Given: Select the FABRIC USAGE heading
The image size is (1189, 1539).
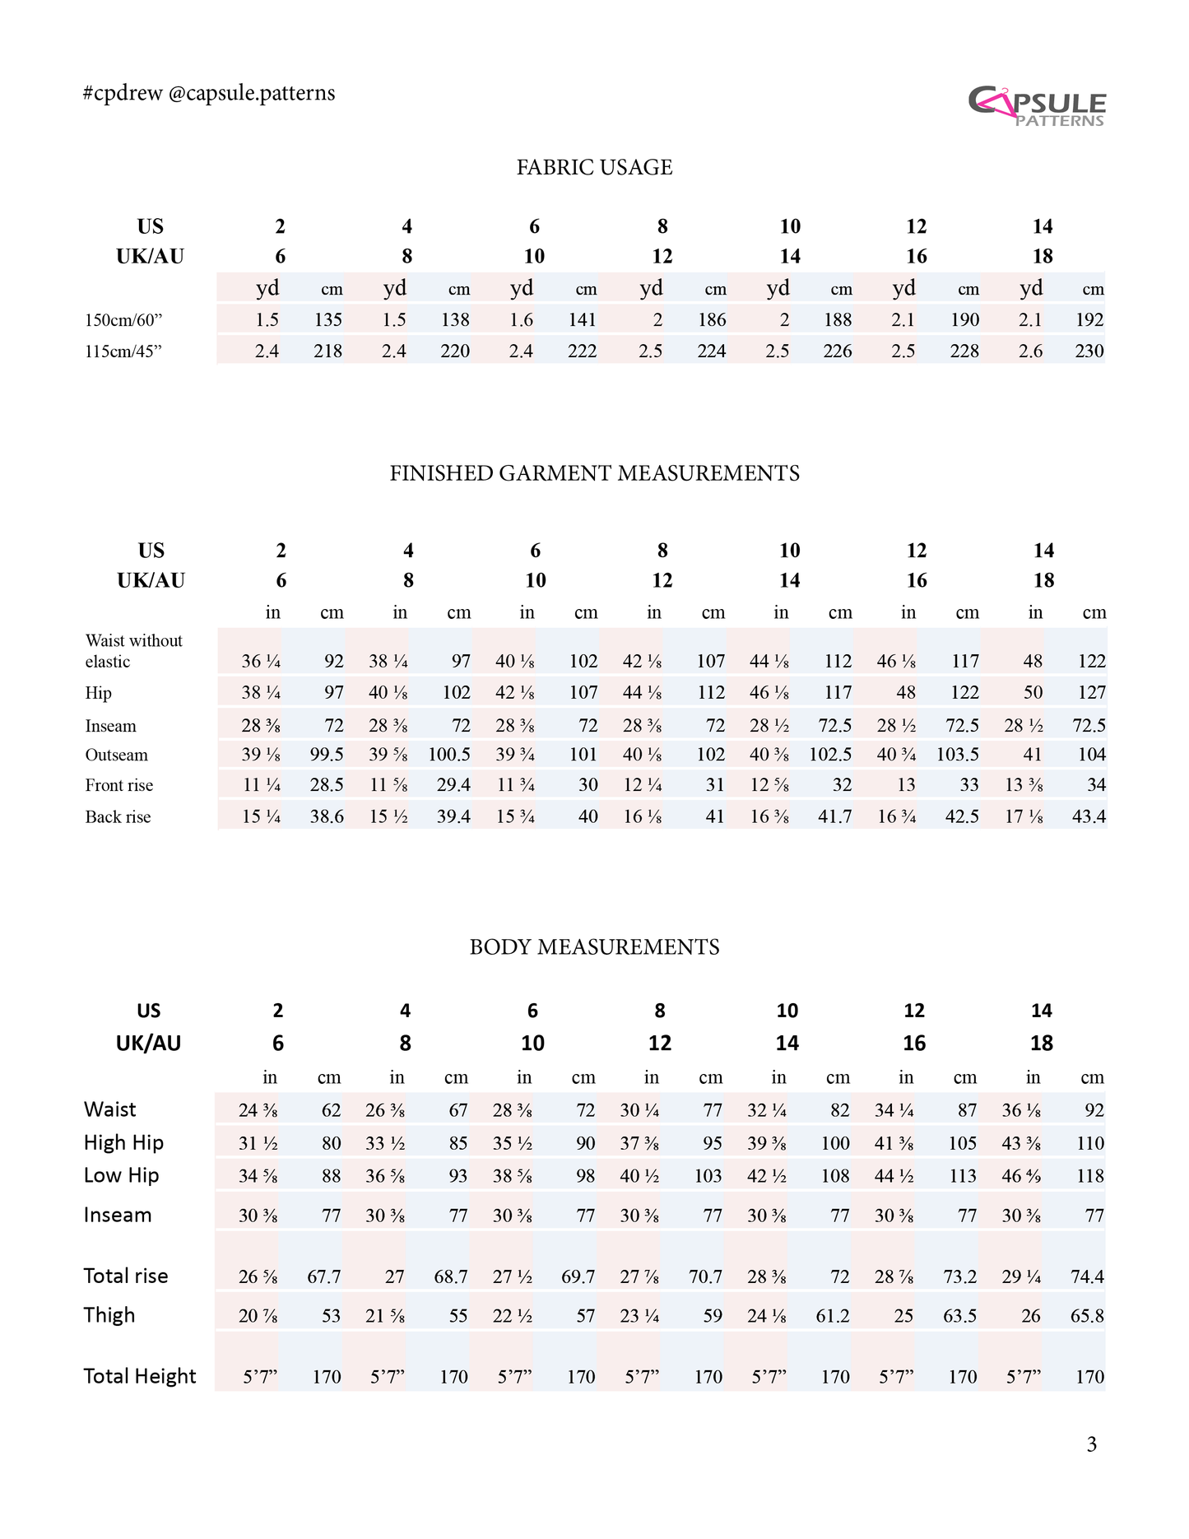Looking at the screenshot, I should pyautogui.click(x=594, y=168).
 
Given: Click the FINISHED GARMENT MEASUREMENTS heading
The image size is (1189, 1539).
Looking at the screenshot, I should pyautogui.click(x=594, y=473).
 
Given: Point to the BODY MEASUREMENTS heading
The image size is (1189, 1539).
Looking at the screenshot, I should pyautogui.click(x=594, y=947).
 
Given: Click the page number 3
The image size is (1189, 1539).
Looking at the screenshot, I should pyautogui.click(x=1091, y=1444).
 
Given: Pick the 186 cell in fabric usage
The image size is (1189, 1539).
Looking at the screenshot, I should pyautogui.click(x=712, y=320).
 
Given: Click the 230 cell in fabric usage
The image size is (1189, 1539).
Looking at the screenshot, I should pyautogui.click(x=1089, y=351).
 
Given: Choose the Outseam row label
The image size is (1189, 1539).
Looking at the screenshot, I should pyautogui.click(x=117, y=756).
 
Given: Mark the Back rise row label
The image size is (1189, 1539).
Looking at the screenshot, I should pyautogui.click(x=118, y=817).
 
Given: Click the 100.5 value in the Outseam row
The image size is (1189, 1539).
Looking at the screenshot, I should pyautogui.click(x=449, y=755).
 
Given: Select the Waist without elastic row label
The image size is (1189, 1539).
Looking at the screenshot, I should pyautogui.click(x=133, y=651).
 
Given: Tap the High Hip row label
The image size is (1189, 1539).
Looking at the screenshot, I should pyautogui.click(x=123, y=1142).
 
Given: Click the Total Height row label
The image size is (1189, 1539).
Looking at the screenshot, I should pyautogui.click(x=140, y=1376).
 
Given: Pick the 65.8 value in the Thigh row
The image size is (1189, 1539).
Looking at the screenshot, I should pyautogui.click(x=1087, y=1316).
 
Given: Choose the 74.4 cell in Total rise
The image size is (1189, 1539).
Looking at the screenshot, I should pyautogui.click(x=1087, y=1276).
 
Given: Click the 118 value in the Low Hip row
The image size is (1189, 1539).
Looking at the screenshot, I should pyautogui.click(x=1090, y=1176).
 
